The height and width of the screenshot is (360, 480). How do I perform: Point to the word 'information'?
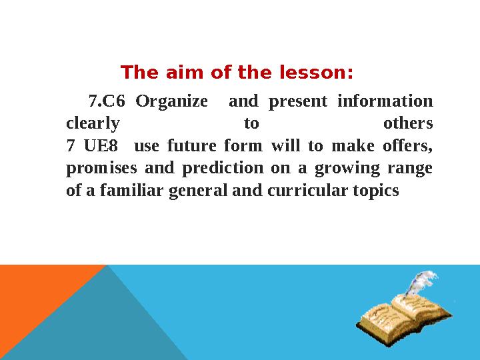tap(385, 102)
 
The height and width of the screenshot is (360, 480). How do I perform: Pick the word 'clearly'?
tap(93, 124)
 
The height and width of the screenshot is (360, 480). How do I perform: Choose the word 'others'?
tap(408, 124)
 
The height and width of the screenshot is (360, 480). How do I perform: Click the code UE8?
tap(96, 146)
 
